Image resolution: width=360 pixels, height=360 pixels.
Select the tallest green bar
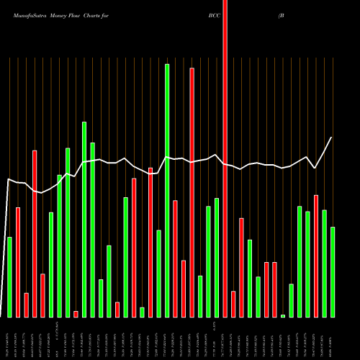pos(167,191)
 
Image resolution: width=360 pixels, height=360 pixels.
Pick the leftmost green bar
pos(9,277)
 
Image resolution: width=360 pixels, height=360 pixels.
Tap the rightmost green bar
pos(333,272)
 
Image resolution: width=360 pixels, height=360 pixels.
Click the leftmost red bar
pos(18,263)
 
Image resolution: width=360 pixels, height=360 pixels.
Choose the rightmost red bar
pos(316,256)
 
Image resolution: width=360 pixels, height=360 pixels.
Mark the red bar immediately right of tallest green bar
pos(175,259)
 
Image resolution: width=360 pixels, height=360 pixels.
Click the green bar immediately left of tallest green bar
pos(158,274)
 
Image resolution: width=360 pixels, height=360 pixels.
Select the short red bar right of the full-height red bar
pos(233,304)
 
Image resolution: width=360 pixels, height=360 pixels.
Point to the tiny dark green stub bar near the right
pos(283,315)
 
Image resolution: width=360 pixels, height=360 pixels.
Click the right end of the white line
pos(332,138)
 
